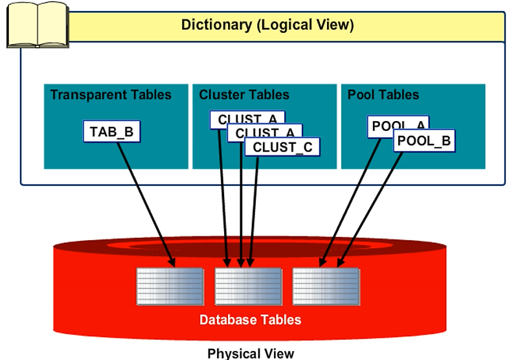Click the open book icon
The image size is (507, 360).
pyautogui.click(x=38, y=24)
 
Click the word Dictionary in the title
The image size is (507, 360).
pyautogui.click(x=213, y=25)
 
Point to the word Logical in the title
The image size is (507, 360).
pyautogui.click(x=289, y=25)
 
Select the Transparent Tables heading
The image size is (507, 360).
pyautogui.click(x=111, y=95)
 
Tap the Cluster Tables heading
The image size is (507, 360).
pyautogui.click(x=244, y=95)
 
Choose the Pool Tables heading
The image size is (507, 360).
pyautogui.click(x=383, y=95)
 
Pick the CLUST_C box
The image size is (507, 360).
pyautogui.click(x=282, y=147)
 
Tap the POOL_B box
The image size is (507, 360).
pyautogui.click(x=424, y=140)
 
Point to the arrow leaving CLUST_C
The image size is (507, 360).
pyautogui.click(x=254, y=207)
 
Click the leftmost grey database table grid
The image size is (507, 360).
pyautogui.click(x=170, y=286)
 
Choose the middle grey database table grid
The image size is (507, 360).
pyautogui.click(x=248, y=286)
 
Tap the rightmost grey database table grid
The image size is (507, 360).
pyautogui.click(x=326, y=286)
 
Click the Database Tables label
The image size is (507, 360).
pyautogui.click(x=250, y=320)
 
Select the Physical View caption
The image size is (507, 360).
pyautogui.click(x=251, y=353)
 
